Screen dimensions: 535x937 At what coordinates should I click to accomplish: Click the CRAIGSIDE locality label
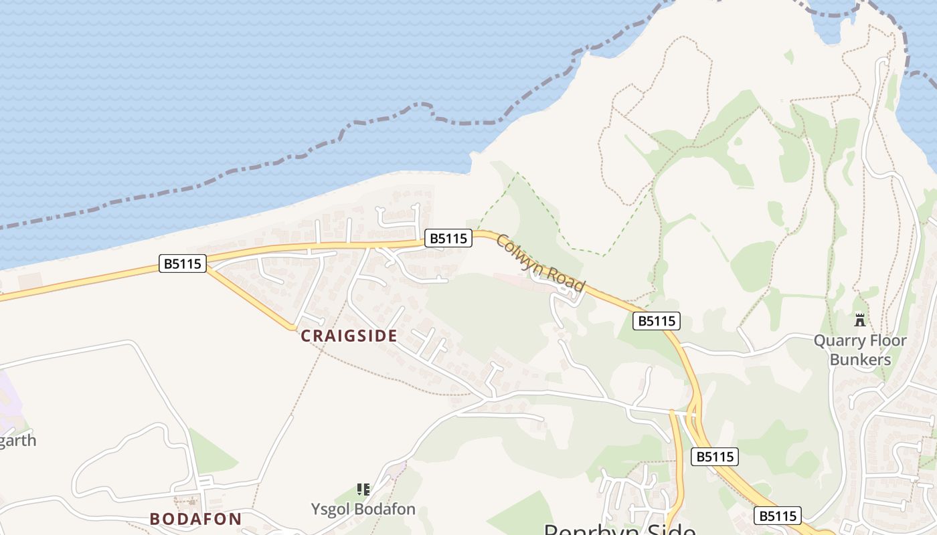coord(349,336)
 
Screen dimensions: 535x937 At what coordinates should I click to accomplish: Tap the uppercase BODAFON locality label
coord(195,519)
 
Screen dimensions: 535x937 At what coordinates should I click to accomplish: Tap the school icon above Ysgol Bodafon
coord(363,490)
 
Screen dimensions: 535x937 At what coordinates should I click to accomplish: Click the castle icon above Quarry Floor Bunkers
coord(861,320)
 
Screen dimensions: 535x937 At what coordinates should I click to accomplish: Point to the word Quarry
coord(841,341)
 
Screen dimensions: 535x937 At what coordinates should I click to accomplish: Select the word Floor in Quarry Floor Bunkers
coord(889,341)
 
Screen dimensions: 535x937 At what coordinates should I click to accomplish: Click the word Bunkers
coord(861,360)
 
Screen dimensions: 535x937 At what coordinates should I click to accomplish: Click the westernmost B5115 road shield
coord(183,263)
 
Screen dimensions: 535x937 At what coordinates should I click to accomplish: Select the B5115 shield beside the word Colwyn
coord(448,238)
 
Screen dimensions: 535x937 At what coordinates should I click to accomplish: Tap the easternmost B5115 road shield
coord(777,516)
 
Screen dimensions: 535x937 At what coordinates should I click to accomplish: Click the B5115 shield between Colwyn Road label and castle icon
coord(657,321)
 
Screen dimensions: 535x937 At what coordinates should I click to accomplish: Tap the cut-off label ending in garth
coord(17,441)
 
